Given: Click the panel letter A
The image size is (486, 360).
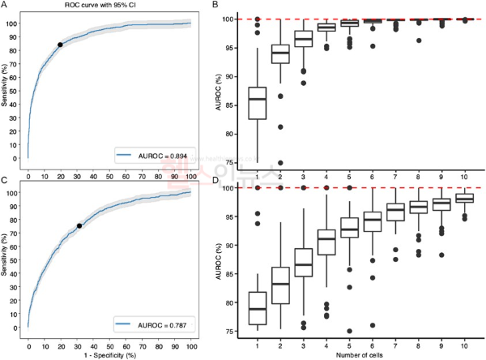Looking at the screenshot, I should [4, 6].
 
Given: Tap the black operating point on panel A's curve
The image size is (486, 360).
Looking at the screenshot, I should [60, 45].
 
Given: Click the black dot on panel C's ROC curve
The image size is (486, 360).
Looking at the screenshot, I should [79, 226].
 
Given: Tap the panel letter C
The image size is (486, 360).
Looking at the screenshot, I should [4, 180].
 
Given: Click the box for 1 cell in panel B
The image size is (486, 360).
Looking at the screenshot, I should [257, 103].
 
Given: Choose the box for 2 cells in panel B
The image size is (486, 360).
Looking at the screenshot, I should [280, 52].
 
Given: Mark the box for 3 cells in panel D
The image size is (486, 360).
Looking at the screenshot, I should [304, 263].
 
